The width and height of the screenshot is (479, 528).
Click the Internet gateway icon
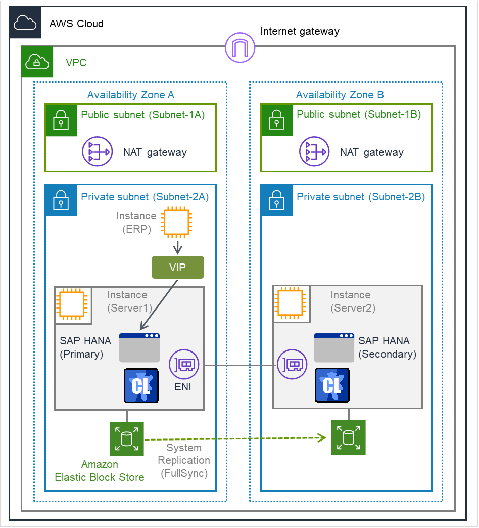click(240, 48)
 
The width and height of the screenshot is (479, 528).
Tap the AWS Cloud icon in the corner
click(25, 23)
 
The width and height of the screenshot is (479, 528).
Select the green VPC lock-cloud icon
click(36, 62)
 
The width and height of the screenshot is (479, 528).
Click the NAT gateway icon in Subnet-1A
click(98, 152)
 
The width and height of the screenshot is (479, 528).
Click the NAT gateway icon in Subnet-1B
click(314, 152)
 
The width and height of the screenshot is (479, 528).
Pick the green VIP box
click(178, 268)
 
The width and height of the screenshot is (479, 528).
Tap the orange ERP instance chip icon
click(177, 223)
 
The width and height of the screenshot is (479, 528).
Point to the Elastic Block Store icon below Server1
click(127, 438)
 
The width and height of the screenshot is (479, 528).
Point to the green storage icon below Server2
click(348, 437)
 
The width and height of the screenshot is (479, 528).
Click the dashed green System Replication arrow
click(232, 438)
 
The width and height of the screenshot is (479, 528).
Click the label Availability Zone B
click(340, 95)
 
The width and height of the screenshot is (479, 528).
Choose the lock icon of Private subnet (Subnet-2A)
click(61, 200)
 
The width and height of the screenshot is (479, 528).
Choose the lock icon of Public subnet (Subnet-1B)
click(276, 120)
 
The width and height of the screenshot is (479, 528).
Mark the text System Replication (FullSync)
click(184, 460)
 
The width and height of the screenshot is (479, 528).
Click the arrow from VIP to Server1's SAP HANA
click(158, 305)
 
